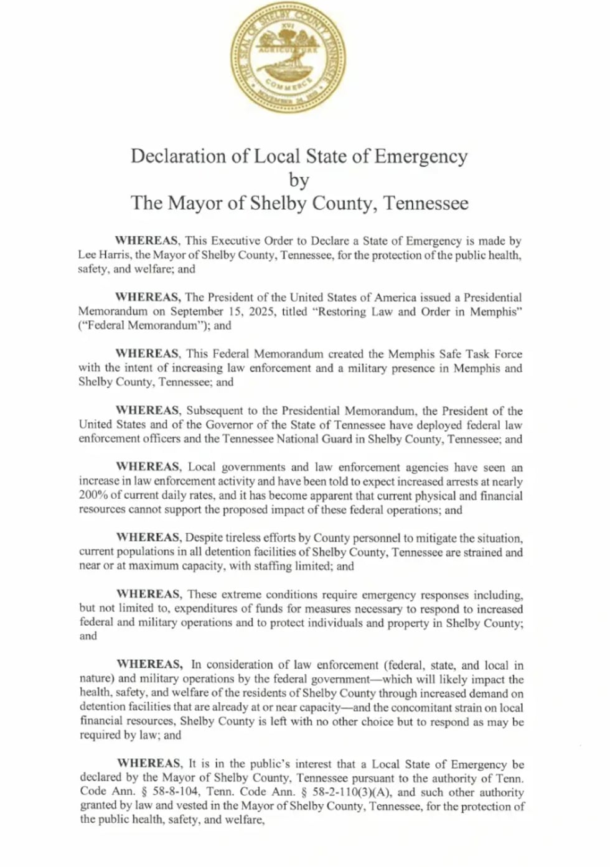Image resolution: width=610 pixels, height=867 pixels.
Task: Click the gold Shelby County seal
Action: (x=288, y=58)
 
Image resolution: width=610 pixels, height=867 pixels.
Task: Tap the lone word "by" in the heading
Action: (x=299, y=180)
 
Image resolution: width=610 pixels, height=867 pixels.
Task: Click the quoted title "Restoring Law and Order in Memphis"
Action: (x=418, y=312)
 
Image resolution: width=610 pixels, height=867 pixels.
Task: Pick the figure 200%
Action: (x=93, y=496)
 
